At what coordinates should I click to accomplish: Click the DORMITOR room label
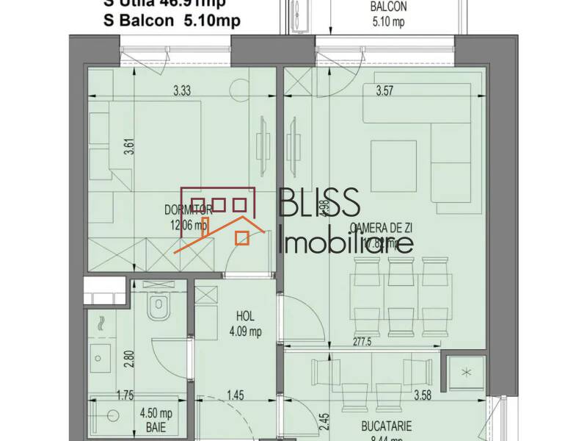coord(189,209)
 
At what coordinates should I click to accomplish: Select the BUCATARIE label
coord(387,426)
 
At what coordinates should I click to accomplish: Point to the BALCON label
coord(388,7)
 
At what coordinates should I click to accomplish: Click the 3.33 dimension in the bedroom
coord(182,92)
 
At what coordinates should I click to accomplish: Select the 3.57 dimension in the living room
coord(387,92)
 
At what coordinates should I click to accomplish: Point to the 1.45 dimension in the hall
coord(236,396)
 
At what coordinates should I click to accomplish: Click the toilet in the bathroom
coord(158,309)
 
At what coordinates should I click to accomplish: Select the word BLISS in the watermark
coord(318,201)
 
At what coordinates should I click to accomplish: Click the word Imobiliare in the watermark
coord(346,243)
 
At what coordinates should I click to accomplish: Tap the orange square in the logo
coord(242,237)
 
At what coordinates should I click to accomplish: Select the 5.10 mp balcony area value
coord(388,21)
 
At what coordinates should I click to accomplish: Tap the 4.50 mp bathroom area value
coord(156,412)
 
